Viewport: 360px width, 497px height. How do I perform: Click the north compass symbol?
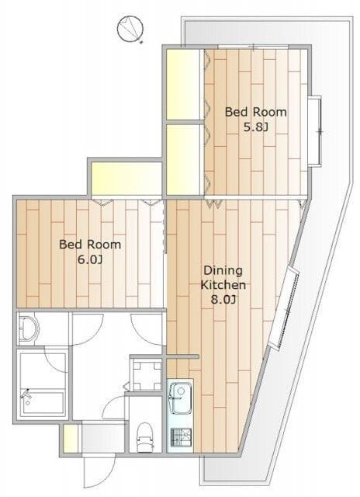point(130,29)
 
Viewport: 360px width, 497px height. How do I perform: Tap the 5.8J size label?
point(255,127)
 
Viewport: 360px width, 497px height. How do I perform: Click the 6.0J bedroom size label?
point(90,260)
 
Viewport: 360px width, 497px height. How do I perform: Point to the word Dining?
point(223,271)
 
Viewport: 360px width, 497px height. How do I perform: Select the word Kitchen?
point(223,285)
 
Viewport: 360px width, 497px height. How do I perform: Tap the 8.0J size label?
point(223,300)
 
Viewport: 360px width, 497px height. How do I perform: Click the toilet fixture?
point(145,437)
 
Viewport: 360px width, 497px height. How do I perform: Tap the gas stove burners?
point(181,437)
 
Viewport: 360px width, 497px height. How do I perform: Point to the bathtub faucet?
point(26,395)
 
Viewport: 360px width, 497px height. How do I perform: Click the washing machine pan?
point(147,375)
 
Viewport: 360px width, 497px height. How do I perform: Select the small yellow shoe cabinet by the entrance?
point(71,438)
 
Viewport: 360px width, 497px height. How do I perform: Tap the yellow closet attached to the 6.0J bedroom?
point(126,179)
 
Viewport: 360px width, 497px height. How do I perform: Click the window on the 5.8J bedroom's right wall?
point(315,130)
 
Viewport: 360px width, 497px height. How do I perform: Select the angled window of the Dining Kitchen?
point(284,309)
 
